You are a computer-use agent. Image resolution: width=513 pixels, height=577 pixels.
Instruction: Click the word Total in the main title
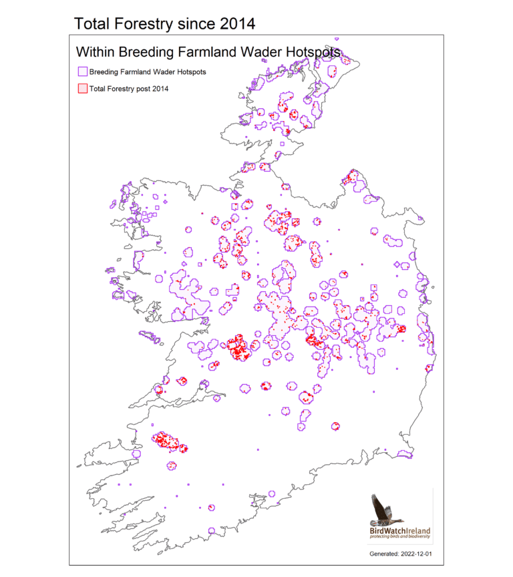[x=93, y=23]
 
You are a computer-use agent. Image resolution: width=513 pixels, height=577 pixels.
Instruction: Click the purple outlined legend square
[x=82, y=71]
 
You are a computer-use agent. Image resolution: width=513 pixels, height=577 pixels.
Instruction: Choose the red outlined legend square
[x=82, y=87]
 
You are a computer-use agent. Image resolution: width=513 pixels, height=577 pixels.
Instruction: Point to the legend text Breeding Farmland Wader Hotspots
[x=148, y=71]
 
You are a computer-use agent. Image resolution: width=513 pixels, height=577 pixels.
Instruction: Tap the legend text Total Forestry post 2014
[x=129, y=87]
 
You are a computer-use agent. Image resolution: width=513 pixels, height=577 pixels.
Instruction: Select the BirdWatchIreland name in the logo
[x=399, y=530]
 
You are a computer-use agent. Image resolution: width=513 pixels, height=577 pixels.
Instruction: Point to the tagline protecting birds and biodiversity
[x=399, y=537]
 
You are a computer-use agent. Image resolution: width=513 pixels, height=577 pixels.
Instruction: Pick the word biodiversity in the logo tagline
[x=416, y=537]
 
